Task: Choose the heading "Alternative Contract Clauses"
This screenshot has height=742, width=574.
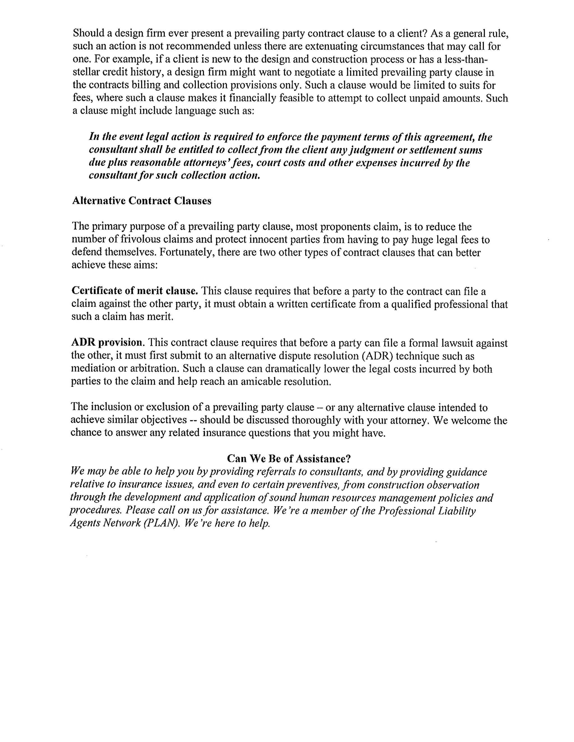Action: (x=142, y=201)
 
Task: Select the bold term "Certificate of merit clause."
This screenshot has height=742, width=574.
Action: (x=135, y=291)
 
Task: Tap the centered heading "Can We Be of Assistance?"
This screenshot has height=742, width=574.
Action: (x=288, y=459)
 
